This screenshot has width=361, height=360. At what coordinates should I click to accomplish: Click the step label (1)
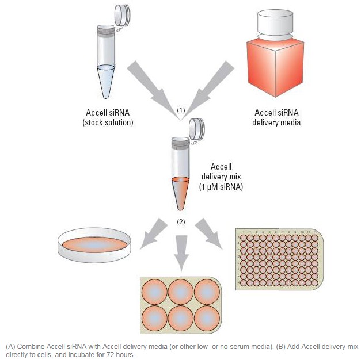tap(181, 109)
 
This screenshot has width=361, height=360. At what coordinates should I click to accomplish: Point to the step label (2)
tap(181, 221)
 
